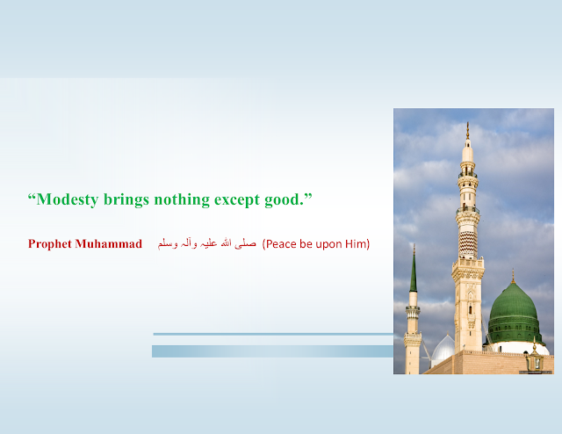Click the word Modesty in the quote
[68, 199]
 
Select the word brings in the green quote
[126, 199]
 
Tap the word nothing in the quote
[182, 199]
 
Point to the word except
[237, 200]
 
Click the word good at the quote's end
[283, 199]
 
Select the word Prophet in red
[50, 244]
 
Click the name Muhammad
[109, 244]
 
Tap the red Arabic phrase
[207, 244]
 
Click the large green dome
[514, 313]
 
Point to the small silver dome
[443, 348]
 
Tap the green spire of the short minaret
[414, 271]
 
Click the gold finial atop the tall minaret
[467, 131]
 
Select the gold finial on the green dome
[513, 276]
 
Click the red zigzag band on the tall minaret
[468, 243]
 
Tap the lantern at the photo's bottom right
[535, 359]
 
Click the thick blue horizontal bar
[272, 351]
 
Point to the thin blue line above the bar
[273, 335]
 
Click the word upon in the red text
[329, 244]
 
